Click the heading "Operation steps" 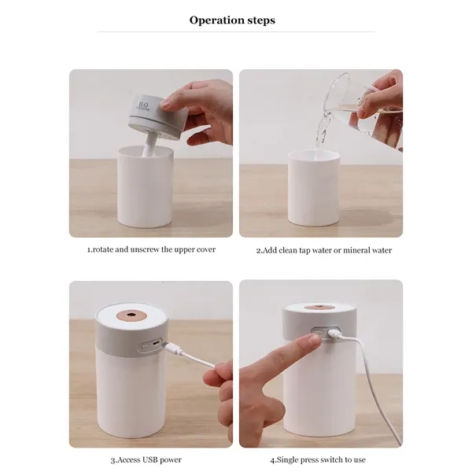pos(232,20)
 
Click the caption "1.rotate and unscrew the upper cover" pos(151,249)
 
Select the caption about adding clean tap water pos(323,250)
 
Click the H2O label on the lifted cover pos(142,105)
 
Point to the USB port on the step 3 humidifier pos(150,344)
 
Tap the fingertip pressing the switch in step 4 pos(315,341)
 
